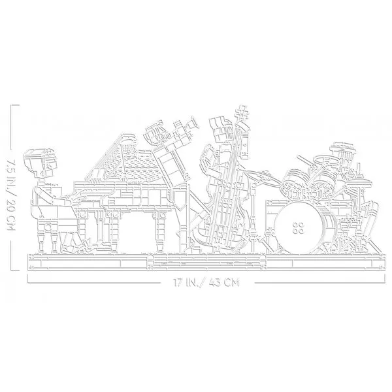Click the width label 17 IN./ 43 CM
206,282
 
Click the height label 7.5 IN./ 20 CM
11,194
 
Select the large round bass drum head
299,227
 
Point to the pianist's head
41,163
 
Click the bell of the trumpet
194,123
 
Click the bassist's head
220,128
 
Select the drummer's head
342,152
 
